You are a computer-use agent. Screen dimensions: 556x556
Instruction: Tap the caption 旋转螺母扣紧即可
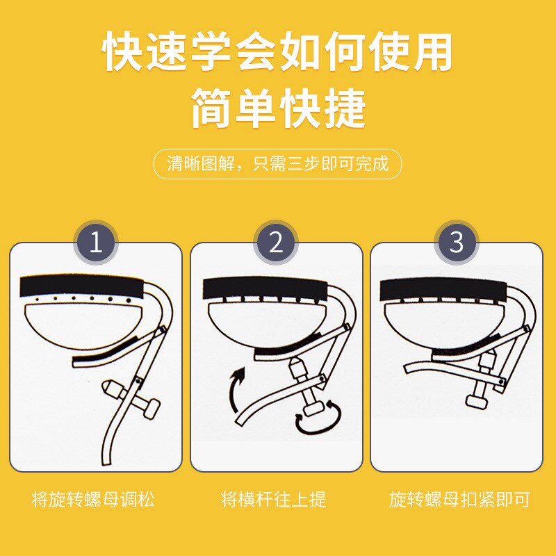pyautogui.click(x=459, y=499)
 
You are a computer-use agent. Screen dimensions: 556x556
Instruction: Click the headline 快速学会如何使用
pyautogui.click(x=278, y=53)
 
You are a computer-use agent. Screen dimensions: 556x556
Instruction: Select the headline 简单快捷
pyautogui.click(x=278, y=108)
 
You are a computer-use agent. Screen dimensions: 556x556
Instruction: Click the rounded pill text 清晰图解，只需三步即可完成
pyautogui.click(x=277, y=165)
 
